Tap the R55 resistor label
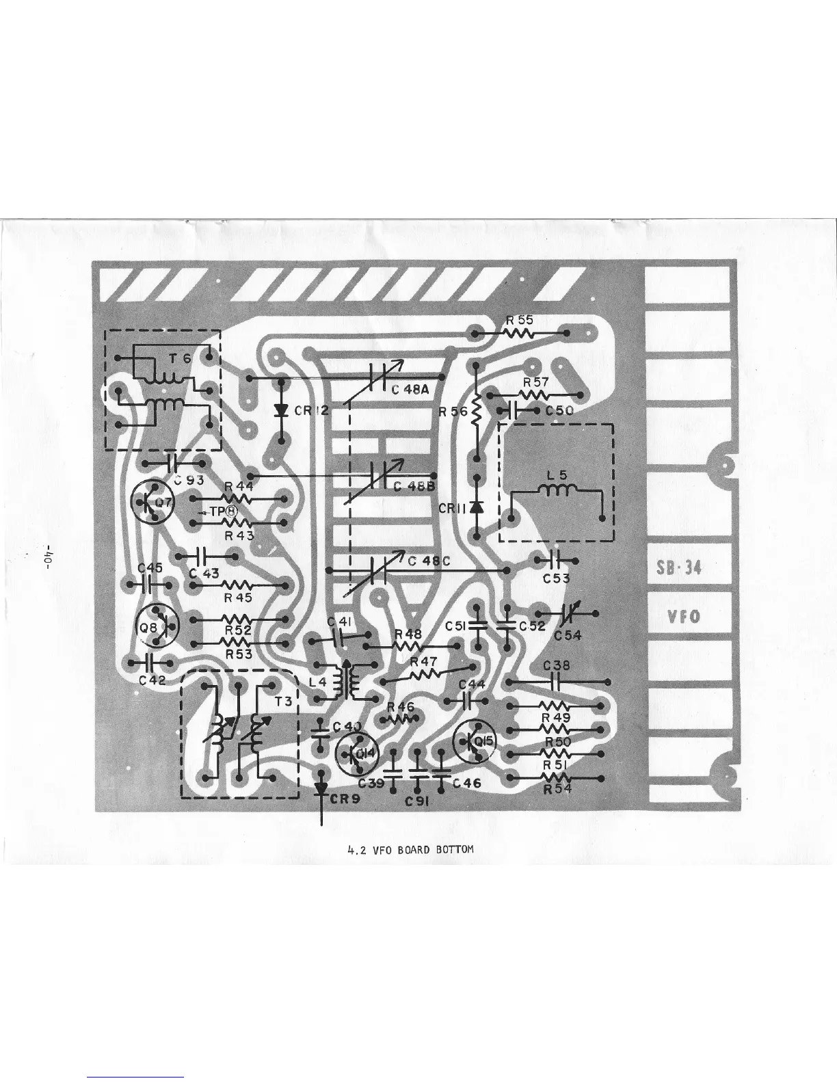(520, 320)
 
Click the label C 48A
(410, 390)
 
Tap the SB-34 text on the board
(683, 568)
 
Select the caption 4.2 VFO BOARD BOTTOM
(410, 850)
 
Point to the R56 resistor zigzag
(477, 412)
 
